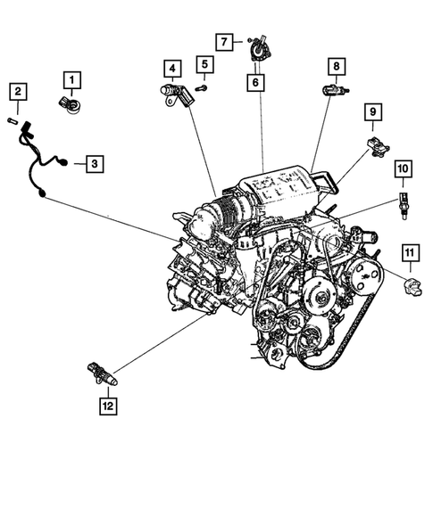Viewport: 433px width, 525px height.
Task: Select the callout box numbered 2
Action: click(x=18, y=91)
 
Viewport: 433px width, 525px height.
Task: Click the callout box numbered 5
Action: click(x=204, y=65)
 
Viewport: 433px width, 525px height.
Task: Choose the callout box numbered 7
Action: click(x=225, y=41)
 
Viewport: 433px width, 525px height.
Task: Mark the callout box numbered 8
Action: click(x=336, y=66)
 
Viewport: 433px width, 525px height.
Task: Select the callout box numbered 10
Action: click(x=403, y=168)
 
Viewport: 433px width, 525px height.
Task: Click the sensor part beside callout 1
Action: click(x=68, y=102)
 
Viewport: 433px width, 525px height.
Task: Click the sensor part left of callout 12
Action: click(x=102, y=375)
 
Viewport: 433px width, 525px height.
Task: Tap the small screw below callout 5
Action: click(x=200, y=87)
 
